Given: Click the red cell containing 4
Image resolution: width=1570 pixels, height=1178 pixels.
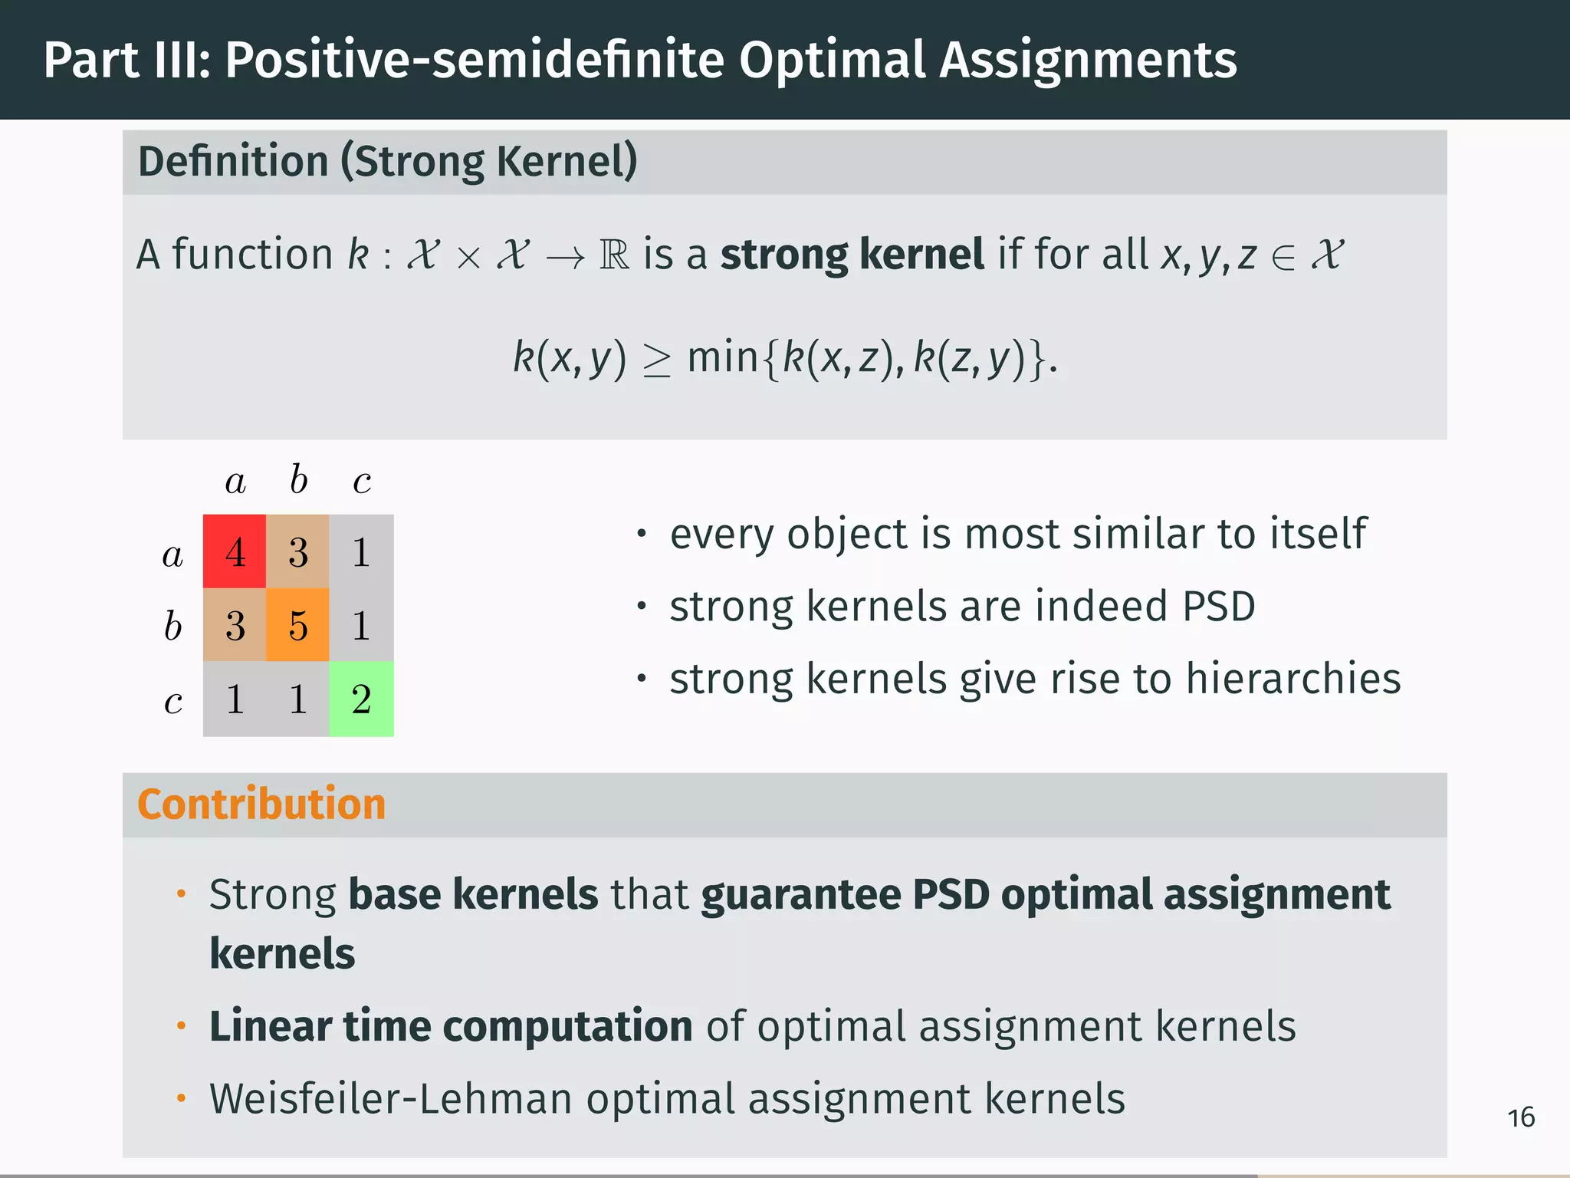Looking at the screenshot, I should click(235, 551).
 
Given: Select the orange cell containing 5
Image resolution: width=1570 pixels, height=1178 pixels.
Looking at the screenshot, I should click(297, 625).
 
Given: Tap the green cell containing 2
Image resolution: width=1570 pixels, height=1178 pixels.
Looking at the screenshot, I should click(361, 699).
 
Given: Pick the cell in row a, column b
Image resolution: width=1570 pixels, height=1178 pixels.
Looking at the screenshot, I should click(297, 551).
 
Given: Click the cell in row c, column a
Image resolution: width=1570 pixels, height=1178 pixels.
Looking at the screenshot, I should click(235, 699).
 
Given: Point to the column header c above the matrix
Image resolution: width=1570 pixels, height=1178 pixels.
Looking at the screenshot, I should click(362, 482).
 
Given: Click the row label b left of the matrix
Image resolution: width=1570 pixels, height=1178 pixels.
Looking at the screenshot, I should click(172, 626).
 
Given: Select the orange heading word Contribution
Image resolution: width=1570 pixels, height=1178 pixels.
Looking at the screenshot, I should click(261, 804).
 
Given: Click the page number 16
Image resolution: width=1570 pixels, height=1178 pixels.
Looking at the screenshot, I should click(1521, 1117).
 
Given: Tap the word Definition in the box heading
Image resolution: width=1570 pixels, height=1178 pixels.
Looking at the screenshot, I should click(233, 162).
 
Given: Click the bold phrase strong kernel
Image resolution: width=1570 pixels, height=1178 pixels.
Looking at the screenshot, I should click(852, 254).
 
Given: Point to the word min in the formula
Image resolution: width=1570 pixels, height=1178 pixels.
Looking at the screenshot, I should click(722, 357).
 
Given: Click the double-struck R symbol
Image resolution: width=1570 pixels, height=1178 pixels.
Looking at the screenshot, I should click(614, 255).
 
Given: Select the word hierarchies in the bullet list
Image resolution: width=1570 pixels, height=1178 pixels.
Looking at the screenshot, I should click(1293, 679).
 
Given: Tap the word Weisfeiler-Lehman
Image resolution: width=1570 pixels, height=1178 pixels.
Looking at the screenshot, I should click(391, 1098).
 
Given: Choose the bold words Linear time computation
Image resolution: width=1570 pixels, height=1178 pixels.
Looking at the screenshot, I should click(451, 1026).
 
